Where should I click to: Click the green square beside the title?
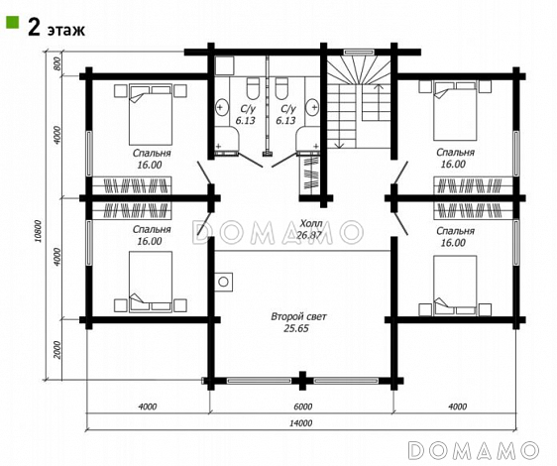[x=13, y=23]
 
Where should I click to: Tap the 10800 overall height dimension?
[x=39, y=231]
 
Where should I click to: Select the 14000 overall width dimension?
[x=301, y=423]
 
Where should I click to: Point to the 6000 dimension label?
[x=303, y=406]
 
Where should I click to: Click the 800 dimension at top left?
[x=58, y=64]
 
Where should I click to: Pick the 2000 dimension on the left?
[x=58, y=350]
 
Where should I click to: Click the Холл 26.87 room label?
[x=311, y=229]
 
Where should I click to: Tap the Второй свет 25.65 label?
[x=297, y=322]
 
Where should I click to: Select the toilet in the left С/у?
[x=253, y=88]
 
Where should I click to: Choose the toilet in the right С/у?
[x=281, y=88]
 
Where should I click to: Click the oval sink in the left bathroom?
[x=222, y=107]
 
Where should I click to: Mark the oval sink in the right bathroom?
[x=313, y=107]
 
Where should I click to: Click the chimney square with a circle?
[x=223, y=282]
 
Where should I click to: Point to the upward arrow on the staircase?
[x=379, y=102]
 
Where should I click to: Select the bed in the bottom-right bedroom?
[x=455, y=286]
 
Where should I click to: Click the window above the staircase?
[x=359, y=52]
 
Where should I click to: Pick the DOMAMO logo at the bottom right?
[x=473, y=450]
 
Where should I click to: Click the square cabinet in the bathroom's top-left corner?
[x=224, y=65]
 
